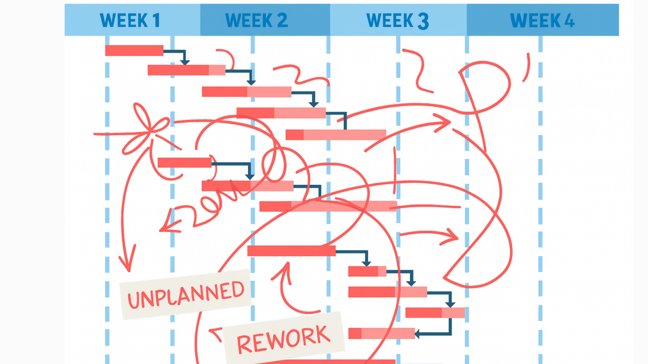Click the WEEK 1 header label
point(130,20)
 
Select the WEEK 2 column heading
point(256,20)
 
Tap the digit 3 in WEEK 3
point(423,21)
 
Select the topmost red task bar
point(134,51)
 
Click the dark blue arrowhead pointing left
point(417,334)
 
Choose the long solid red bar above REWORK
point(291,251)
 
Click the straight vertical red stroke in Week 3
point(394,170)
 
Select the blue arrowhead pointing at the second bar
point(185,62)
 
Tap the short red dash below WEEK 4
point(526,67)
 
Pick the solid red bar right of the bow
point(184,162)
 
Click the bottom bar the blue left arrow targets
point(381,333)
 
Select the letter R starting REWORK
point(244,344)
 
